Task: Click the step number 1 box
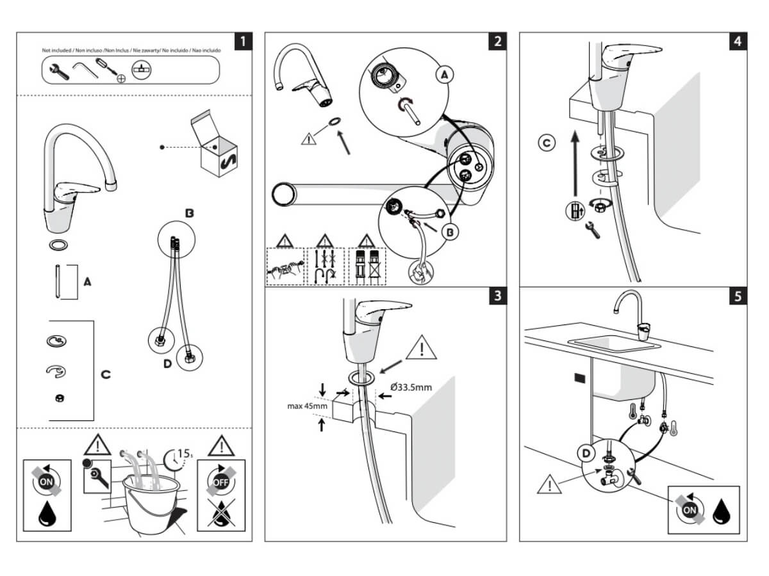click(x=243, y=41)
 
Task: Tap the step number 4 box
click(x=738, y=41)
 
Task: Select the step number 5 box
click(x=738, y=296)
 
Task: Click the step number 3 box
click(x=497, y=296)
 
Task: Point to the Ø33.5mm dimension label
click(x=411, y=387)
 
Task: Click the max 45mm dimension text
click(x=307, y=406)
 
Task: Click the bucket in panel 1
click(x=152, y=504)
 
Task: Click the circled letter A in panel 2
click(x=444, y=74)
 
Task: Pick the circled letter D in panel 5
click(x=586, y=454)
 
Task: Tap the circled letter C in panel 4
click(x=546, y=143)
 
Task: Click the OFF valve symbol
click(x=220, y=481)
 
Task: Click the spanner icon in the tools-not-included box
click(x=59, y=72)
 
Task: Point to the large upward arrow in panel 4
click(x=575, y=163)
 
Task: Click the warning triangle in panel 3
click(x=421, y=348)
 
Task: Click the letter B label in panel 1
click(x=189, y=213)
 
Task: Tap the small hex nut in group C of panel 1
click(x=60, y=398)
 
